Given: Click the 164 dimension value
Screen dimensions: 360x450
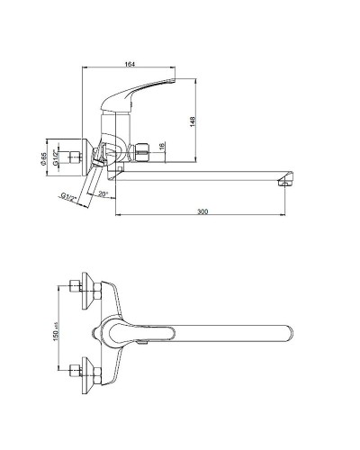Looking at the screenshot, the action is click(x=130, y=64).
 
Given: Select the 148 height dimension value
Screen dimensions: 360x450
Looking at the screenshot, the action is click(x=193, y=121).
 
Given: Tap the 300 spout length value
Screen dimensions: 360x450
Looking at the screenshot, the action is click(x=202, y=211).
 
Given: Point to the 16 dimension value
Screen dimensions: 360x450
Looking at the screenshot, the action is click(x=161, y=146).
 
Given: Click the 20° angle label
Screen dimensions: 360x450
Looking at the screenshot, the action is click(x=103, y=194).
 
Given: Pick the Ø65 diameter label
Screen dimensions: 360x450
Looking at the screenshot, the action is click(x=44, y=158).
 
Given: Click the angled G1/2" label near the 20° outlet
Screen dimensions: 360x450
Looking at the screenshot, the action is click(x=69, y=198).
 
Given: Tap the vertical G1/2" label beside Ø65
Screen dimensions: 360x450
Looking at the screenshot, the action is click(x=56, y=157).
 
